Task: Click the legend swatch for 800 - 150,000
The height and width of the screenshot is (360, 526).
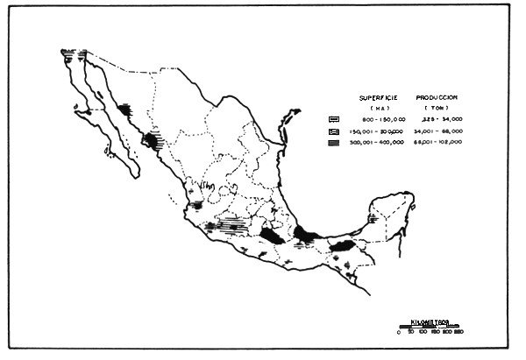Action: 334,118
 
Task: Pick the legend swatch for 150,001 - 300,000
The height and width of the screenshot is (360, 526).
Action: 334,130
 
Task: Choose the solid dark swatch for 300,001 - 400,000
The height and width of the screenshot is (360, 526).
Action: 334,141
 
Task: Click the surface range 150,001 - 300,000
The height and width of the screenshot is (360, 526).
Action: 377,130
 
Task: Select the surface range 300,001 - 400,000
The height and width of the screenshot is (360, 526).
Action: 377,141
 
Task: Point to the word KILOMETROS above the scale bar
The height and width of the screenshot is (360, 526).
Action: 430,321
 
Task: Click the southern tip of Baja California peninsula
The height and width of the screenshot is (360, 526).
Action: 136,176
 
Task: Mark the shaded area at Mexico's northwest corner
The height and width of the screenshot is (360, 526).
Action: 72,53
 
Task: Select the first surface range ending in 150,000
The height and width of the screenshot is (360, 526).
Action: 377,118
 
